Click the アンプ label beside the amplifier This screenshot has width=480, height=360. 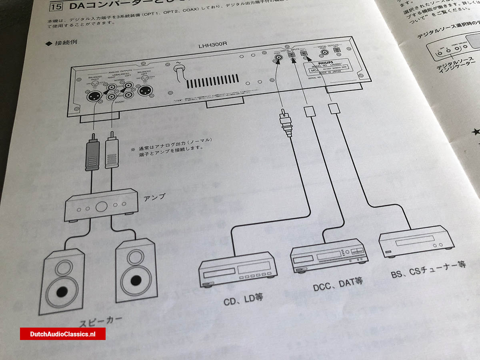coord(154,197)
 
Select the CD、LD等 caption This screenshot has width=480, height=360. coord(243,298)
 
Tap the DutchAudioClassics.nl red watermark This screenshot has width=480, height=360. coord(63,334)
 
